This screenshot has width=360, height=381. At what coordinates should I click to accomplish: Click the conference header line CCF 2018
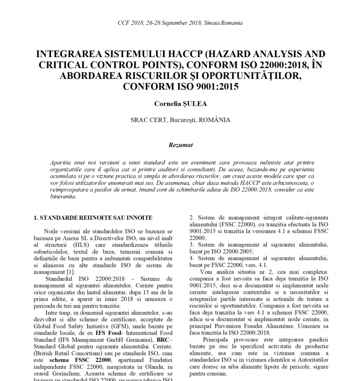[x=180, y=23]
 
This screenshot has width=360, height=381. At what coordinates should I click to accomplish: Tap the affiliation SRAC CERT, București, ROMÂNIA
[x=180, y=120]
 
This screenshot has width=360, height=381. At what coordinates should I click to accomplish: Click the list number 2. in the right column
[x=193, y=217]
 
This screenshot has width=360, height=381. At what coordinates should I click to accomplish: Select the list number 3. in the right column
[x=193, y=245]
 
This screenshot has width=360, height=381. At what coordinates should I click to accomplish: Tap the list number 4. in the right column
[x=193, y=258]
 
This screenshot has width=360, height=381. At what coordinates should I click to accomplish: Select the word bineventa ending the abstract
[x=63, y=196]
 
